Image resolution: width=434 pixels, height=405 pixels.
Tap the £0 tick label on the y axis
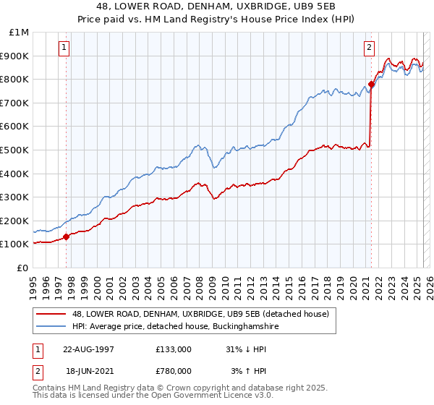(22, 268)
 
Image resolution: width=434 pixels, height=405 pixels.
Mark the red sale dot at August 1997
(67, 236)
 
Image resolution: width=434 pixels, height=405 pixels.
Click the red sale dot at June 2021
(371, 84)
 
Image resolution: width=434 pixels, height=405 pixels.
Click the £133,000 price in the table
(174, 349)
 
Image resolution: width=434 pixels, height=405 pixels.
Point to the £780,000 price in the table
(174, 370)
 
